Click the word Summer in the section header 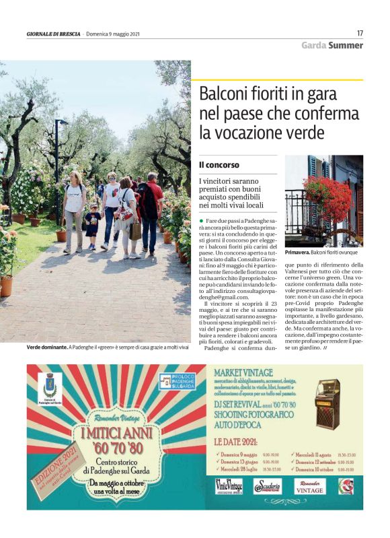(x=346, y=45)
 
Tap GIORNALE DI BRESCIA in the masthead (x=54, y=34)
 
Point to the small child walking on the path (x=92, y=227)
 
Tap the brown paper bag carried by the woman (x=136, y=230)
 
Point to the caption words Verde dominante (x=46, y=347)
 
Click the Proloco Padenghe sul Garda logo (x=177, y=381)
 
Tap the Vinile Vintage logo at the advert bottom (x=229, y=485)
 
